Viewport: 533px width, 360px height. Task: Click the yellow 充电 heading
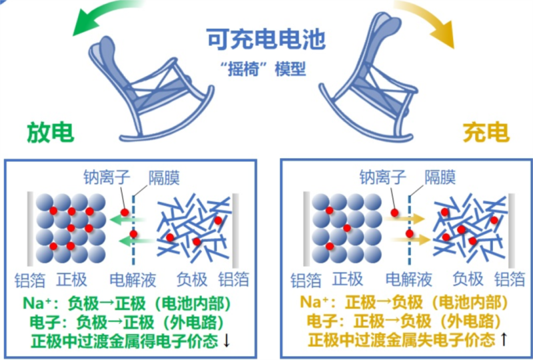tap(486, 132)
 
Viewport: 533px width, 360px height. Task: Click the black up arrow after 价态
tap(504, 340)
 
